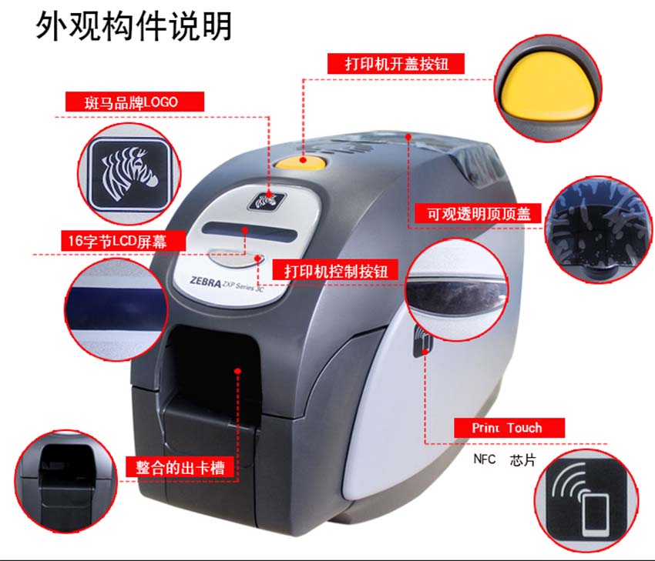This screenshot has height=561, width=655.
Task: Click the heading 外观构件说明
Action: [133, 26]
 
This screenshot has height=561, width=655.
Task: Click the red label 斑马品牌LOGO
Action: [131, 102]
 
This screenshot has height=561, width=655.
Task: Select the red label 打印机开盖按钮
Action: [397, 63]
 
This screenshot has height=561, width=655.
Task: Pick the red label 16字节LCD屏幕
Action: [123, 241]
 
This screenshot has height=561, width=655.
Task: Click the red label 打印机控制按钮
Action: [335, 271]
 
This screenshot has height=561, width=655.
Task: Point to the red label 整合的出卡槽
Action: [180, 466]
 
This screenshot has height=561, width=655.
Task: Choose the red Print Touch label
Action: [508, 428]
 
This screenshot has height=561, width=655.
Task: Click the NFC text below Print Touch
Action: [485, 459]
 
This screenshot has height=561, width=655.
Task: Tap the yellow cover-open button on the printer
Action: [304, 161]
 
